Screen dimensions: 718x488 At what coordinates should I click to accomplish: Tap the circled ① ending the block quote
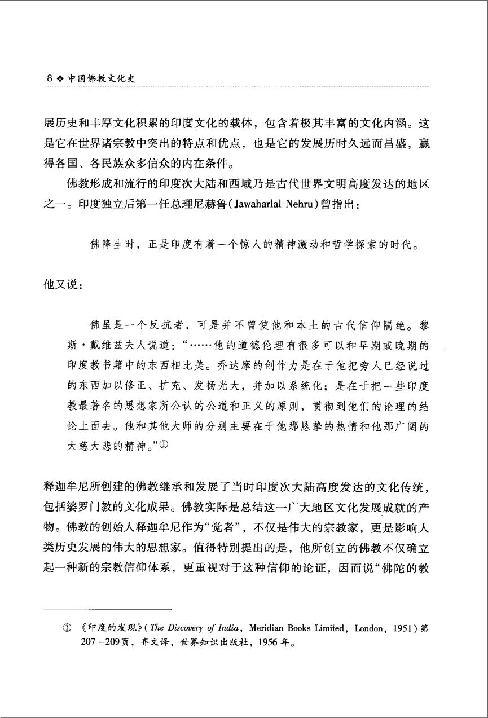pyautogui.click(x=164, y=445)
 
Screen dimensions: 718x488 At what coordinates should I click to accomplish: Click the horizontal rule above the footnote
pyautogui.click(x=107, y=609)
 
